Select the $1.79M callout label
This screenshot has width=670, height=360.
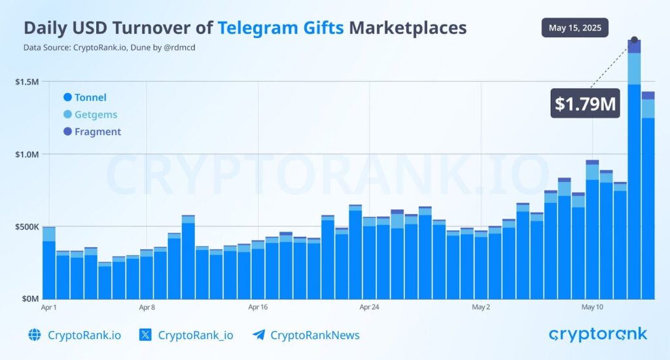point(585,103)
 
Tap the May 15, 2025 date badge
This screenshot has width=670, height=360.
point(575,28)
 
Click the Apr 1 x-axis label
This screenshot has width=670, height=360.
point(49,306)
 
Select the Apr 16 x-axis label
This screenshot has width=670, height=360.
point(258,306)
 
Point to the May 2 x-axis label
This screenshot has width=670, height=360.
point(481,306)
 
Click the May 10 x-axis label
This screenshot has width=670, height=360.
point(592,306)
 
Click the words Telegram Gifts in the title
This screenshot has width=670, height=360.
point(281,27)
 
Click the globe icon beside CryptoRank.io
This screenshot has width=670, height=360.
point(35,335)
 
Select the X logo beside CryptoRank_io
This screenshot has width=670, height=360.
point(146,335)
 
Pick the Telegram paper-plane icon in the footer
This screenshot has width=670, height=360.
point(258,335)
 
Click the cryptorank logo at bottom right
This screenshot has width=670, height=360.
point(597,334)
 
